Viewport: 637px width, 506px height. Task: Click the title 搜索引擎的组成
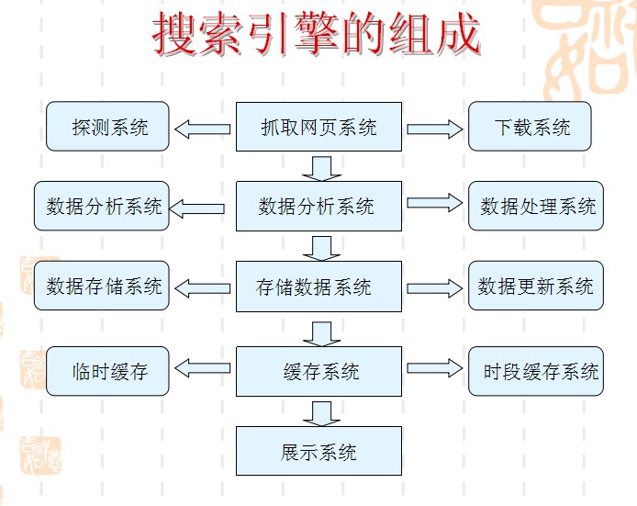[316, 36]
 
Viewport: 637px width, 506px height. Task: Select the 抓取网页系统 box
[318, 127]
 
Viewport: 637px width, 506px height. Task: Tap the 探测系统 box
[108, 127]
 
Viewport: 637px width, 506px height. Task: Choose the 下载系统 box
[530, 127]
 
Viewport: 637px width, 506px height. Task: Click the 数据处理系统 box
[536, 206]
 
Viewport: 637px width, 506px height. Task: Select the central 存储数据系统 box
[318, 287]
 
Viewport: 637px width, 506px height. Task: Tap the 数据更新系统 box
[536, 286]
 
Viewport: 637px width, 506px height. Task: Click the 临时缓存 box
[108, 371]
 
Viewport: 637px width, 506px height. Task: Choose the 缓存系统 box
[318, 371]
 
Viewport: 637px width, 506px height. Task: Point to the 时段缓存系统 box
[536, 371]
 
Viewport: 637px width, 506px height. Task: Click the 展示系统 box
[318, 451]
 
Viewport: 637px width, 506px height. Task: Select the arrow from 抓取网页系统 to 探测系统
[202, 129]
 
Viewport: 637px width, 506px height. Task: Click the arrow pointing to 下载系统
[435, 129]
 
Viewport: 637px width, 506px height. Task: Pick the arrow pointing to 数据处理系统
[435, 204]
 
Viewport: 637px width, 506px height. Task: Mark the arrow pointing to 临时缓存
[202, 369]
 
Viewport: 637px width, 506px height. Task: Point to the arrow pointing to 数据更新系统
[435, 287]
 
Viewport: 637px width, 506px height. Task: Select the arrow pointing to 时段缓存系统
[435, 368]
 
